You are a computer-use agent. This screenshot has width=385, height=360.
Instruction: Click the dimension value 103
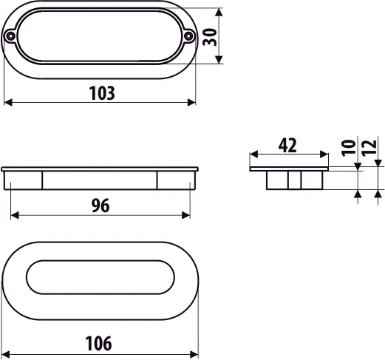(x=102, y=93)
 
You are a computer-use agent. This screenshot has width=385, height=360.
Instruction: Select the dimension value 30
(x=210, y=37)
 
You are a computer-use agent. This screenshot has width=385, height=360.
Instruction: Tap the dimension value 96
(x=100, y=206)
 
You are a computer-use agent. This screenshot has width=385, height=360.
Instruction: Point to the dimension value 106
(x=98, y=343)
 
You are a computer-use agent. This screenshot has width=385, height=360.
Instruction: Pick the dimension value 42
(x=287, y=146)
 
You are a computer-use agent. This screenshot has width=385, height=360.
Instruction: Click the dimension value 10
(x=349, y=148)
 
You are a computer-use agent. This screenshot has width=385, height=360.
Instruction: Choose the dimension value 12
(x=369, y=148)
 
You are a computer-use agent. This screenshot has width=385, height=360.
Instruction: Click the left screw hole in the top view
(x=10, y=36)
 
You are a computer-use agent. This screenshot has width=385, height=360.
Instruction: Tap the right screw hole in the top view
(x=188, y=36)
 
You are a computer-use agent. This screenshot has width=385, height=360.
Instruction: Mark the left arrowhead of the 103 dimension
(x=8, y=102)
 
